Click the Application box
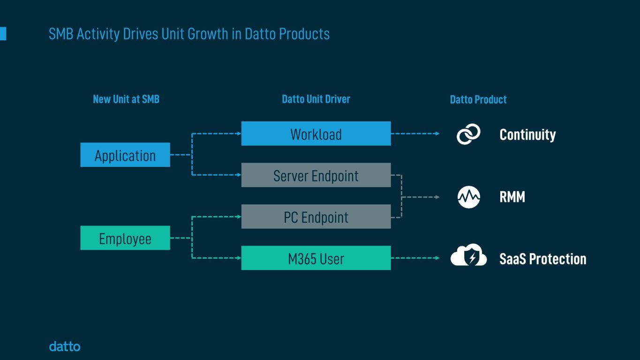[x=125, y=155]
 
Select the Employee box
[x=125, y=238]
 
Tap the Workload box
[x=316, y=134]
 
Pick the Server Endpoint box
[x=316, y=175]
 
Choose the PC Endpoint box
[x=316, y=217]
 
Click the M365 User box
[x=316, y=258]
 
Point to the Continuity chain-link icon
[x=468, y=134]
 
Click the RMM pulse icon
[x=468, y=197]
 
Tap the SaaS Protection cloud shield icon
[x=468, y=256]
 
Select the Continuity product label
[x=527, y=135]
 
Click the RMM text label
[x=512, y=197]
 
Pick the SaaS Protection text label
[x=542, y=259]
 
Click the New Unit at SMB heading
[x=126, y=99]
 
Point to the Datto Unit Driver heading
[x=316, y=99]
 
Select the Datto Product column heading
[x=478, y=100]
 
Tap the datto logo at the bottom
[x=65, y=347]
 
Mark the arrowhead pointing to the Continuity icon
[x=437, y=134]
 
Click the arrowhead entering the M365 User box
[x=239, y=258]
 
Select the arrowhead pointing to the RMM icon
[x=437, y=197]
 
